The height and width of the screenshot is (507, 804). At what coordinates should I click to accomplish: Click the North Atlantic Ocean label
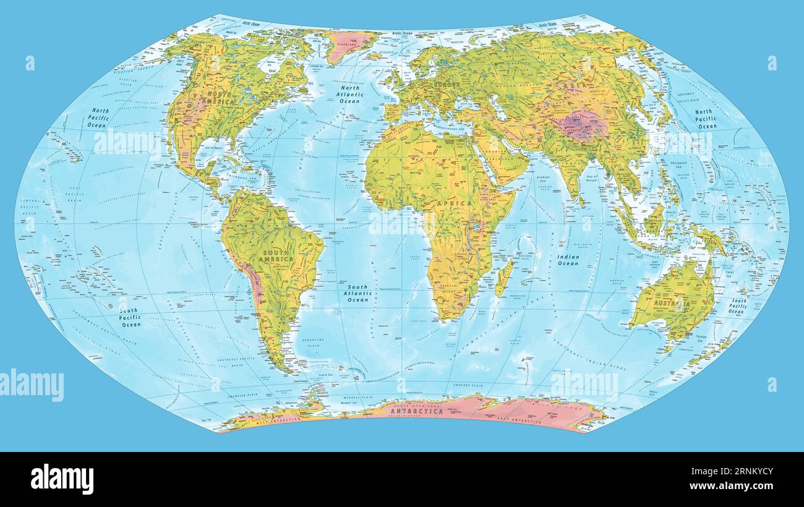click(349, 94)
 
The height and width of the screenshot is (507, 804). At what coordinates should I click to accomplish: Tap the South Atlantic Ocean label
click(357, 293)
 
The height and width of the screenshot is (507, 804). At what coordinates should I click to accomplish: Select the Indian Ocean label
click(568, 260)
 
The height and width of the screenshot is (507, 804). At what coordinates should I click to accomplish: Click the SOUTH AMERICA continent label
click(278, 256)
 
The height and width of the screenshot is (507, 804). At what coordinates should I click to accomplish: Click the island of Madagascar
click(504, 276)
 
